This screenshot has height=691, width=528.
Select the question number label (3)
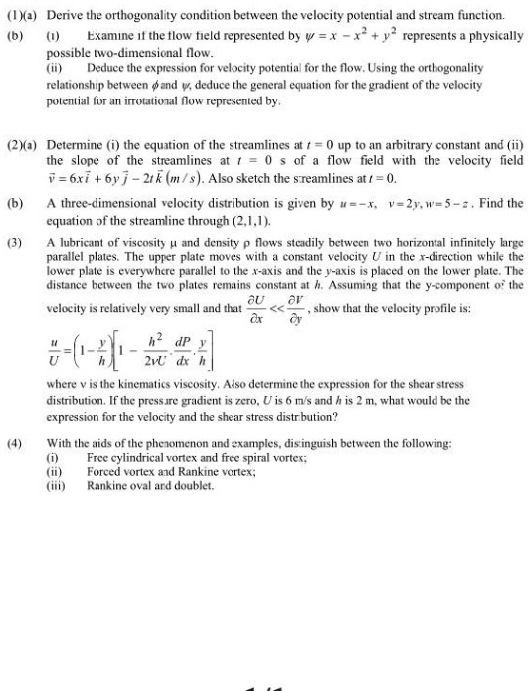tap(15, 243)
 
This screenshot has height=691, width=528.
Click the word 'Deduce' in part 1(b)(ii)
tap(106, 69)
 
